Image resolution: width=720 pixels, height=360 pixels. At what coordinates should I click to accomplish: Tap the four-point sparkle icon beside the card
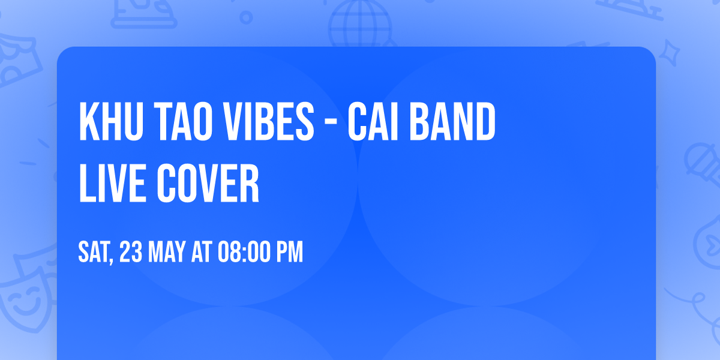tap(673, 53)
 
